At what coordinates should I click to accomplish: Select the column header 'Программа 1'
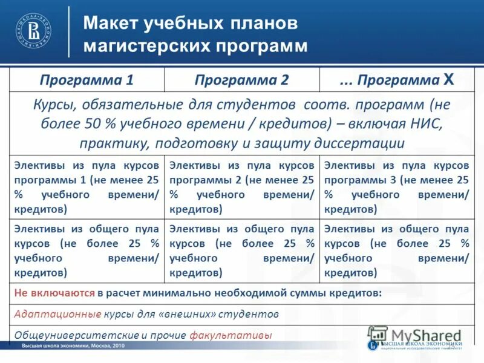[87, 80]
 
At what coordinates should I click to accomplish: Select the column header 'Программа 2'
[242, 80]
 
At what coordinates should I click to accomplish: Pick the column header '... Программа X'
[396, 80]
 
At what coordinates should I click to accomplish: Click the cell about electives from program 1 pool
[87, 187]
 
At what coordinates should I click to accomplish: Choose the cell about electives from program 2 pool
[242, 187]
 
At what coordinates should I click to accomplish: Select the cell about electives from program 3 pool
[397, 187]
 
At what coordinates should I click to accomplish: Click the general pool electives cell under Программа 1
[87, 250]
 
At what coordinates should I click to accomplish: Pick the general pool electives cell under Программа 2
[242, 250]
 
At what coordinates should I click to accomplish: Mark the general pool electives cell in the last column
[397, 250]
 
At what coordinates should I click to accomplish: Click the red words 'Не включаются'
[54, 293]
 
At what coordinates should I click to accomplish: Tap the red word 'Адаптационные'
[57, 315]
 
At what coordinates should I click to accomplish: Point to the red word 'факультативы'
[231, 335]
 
